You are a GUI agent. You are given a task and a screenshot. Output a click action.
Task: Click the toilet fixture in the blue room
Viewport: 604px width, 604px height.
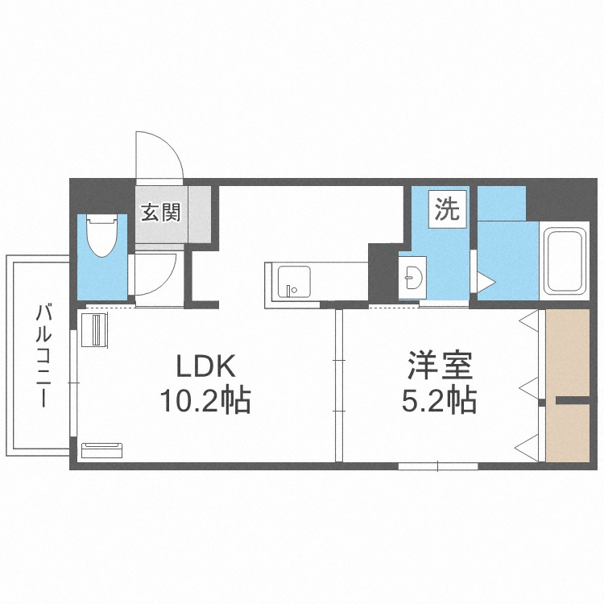click(x=101, y=235)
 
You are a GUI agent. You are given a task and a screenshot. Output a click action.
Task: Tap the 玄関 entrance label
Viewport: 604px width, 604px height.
click(x=160, y=213)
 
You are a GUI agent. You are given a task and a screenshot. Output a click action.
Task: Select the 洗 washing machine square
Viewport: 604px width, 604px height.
click(x=448, y=209)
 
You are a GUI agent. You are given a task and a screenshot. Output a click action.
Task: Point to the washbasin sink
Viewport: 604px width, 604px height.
click(x=413, y=277)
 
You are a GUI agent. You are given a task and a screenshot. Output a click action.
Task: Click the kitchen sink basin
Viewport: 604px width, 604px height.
click(x=294, y=282)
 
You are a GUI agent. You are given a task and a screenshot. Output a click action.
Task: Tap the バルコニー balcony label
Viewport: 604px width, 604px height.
click(x=43, y=355)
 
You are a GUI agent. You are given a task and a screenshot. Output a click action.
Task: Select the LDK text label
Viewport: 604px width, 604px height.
click(x=205, y=366)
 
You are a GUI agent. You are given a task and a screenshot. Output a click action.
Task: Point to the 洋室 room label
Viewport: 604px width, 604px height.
click(x=440, y=366)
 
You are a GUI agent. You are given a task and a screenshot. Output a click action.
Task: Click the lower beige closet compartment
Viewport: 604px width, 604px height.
click(x=568, y=432)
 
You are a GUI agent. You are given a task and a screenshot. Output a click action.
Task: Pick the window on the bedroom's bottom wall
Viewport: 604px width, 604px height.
click(x=438, y=466)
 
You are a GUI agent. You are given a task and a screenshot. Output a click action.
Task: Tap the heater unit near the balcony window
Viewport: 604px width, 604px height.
click(x=94, y=330)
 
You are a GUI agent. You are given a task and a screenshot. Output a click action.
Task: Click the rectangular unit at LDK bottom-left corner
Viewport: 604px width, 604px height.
click(x=102, y=450)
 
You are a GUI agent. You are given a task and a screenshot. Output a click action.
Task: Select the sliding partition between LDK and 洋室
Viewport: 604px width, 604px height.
click(x=339, y=385)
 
